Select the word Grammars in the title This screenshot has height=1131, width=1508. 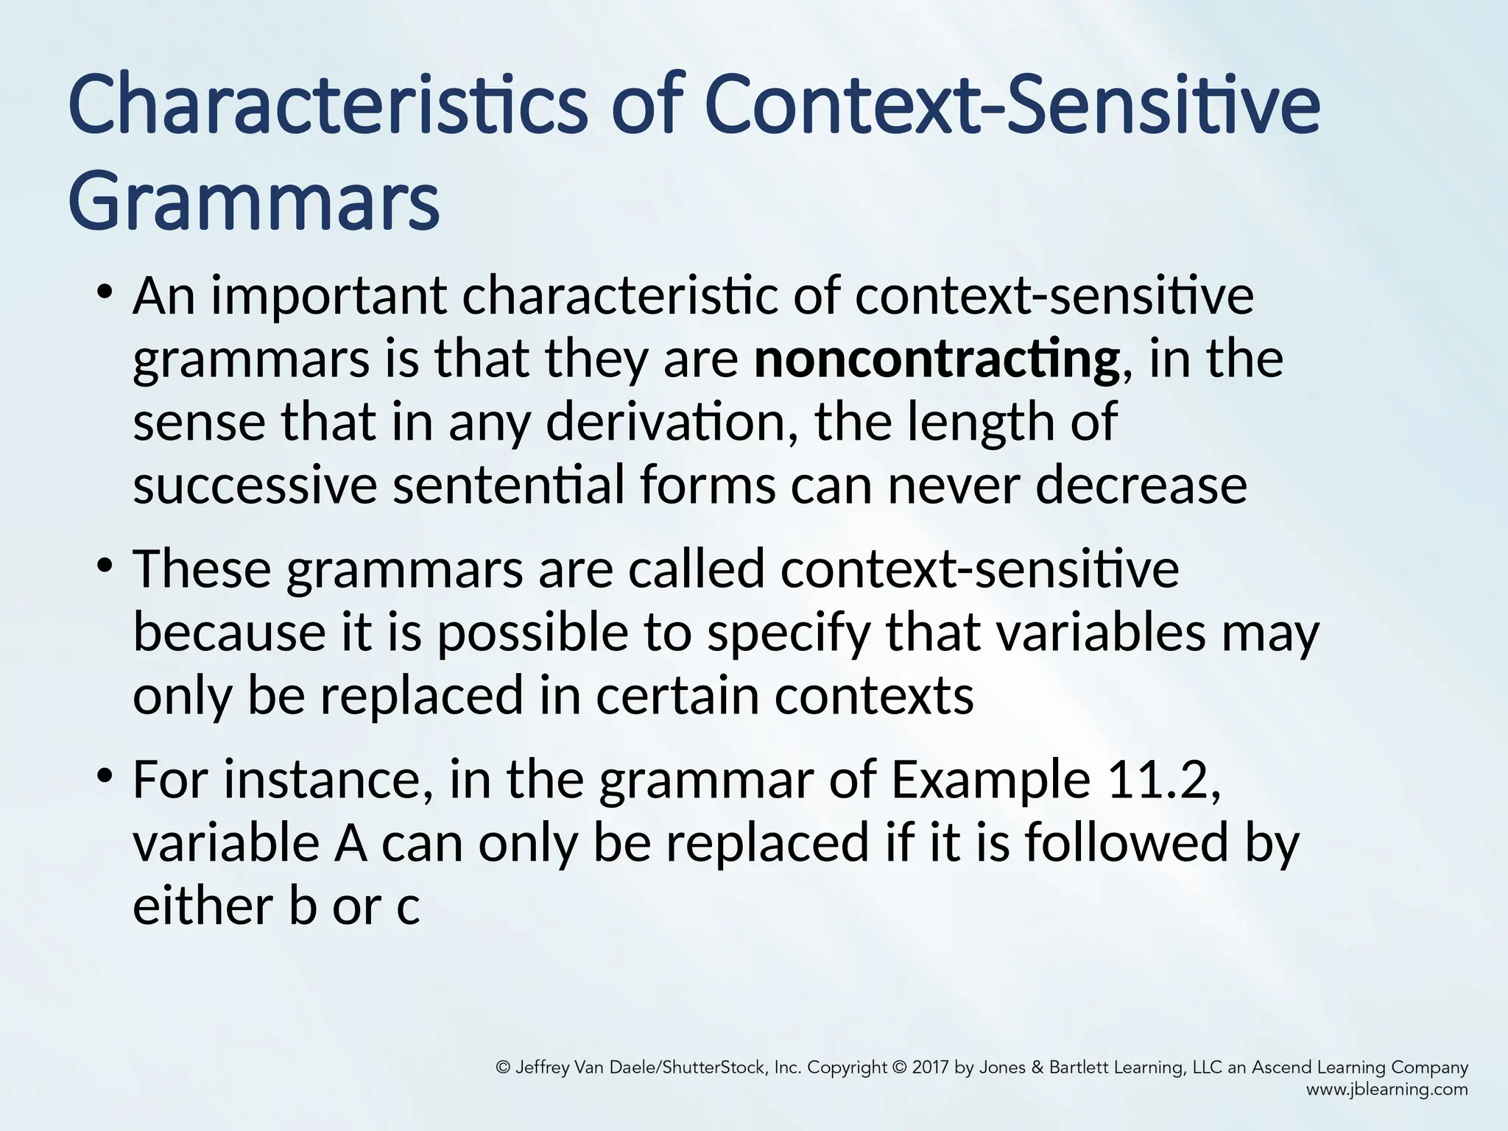[254, 200]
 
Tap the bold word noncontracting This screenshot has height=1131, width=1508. [936, 359]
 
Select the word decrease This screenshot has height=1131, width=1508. [1141, 486]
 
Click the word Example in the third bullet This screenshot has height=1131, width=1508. [990, 780]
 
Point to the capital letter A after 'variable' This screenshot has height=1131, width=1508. [350, 844]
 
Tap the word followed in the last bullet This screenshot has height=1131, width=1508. [1127, 843]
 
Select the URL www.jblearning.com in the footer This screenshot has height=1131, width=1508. [1387, 1090]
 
